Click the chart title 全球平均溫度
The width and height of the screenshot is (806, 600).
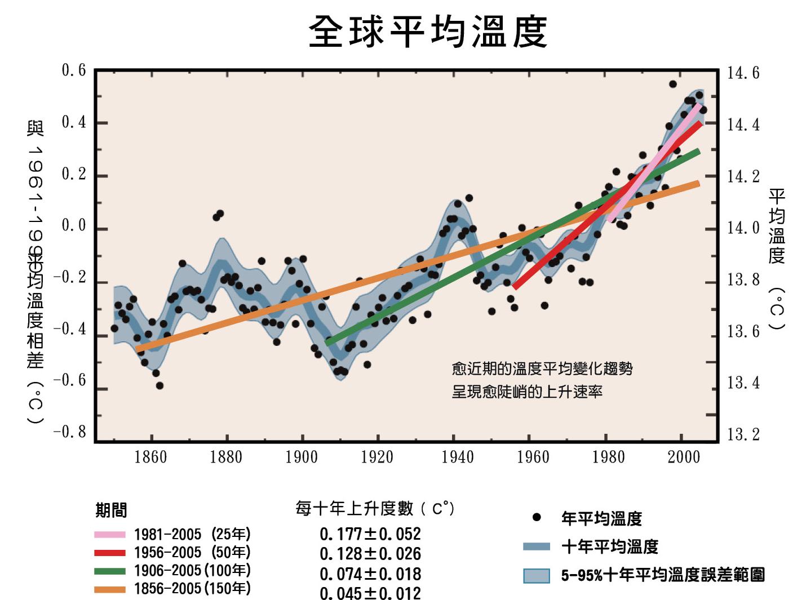coord(428,32)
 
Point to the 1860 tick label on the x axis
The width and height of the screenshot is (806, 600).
coord(150,456)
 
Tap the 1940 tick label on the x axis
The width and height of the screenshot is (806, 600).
coord(457,456)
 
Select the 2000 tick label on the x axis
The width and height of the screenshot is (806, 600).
coord(684,456)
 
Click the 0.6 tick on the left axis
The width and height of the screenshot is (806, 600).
coord(74,70)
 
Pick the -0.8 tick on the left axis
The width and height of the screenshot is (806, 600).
coord(70,432)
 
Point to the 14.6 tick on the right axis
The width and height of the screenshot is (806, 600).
coord(743,73)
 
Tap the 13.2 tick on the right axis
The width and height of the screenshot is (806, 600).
coord(743,434)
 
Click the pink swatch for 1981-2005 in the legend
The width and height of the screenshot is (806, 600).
coord(110,534)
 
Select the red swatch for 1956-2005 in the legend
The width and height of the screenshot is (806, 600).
coord(110,553)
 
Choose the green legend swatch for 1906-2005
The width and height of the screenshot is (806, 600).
coord(110,571)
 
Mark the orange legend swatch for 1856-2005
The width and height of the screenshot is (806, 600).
coord(110,589)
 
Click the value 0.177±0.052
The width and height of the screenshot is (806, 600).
coord(370,534)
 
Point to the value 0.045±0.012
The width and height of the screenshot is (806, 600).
coord(370,593)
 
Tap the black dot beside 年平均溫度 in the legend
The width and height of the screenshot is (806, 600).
coord(537,517)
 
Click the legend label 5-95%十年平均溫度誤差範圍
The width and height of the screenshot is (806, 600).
coord(663,575)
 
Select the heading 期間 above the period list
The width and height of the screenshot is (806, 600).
coord(111,510)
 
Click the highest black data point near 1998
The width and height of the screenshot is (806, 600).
coord(672,84)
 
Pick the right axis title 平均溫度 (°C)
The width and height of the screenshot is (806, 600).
coord(777,259)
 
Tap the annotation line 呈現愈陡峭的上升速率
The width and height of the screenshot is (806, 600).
coord(527,392)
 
